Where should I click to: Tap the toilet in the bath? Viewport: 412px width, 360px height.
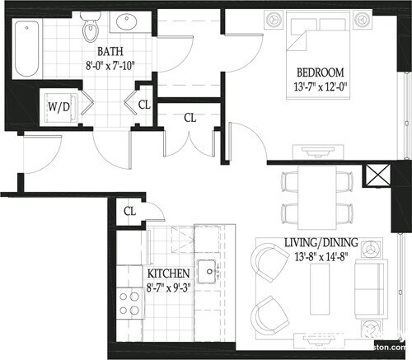pos(91,30)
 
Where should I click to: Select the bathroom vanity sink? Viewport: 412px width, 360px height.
pos(130,22)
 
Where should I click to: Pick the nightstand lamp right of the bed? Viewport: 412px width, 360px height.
pos(361,19)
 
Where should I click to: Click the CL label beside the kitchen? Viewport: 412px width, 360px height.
pos(129,212)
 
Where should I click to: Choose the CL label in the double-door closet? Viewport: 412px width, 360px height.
pos(190,118)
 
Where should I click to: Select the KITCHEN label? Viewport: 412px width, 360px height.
pos(169,273)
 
